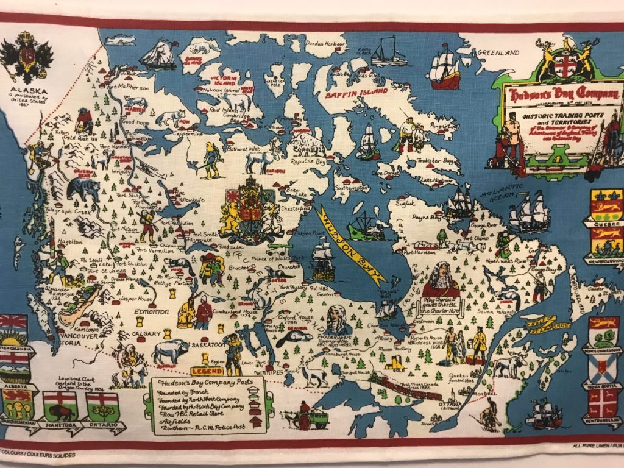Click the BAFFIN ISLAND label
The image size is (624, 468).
357,93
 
